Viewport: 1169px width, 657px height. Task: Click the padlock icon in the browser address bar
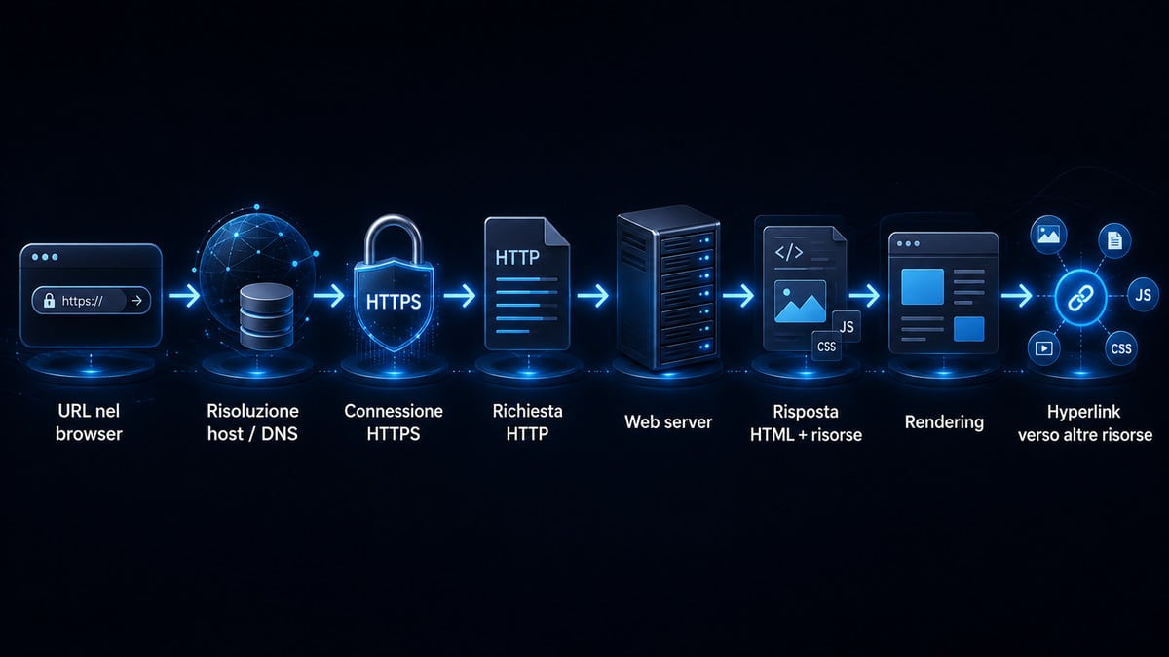(49, 300)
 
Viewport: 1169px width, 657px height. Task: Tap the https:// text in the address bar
(82, 301)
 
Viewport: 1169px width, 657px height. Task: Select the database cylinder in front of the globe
(266, 316)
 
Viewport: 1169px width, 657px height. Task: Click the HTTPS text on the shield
(394, 302)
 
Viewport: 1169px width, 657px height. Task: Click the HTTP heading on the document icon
(517, 257)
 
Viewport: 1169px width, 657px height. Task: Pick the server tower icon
(668, 286)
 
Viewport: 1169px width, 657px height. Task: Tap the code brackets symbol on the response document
(789, 252)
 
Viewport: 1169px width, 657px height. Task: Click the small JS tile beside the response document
(846, 326)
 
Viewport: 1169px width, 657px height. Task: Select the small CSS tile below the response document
(827, 347)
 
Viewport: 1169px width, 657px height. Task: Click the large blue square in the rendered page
(923, 286)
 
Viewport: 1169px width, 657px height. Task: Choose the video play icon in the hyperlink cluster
(1043, 347)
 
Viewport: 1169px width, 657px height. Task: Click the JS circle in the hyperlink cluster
(1143, 295)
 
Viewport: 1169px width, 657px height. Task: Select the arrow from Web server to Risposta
(738, 296)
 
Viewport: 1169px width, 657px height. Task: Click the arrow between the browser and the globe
(184, 296)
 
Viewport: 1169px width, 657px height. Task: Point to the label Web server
(668, 421)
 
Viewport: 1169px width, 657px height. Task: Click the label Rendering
(944, 422)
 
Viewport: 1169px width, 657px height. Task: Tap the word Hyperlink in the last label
(1084, 412)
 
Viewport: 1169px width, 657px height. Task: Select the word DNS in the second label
(280, 434)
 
